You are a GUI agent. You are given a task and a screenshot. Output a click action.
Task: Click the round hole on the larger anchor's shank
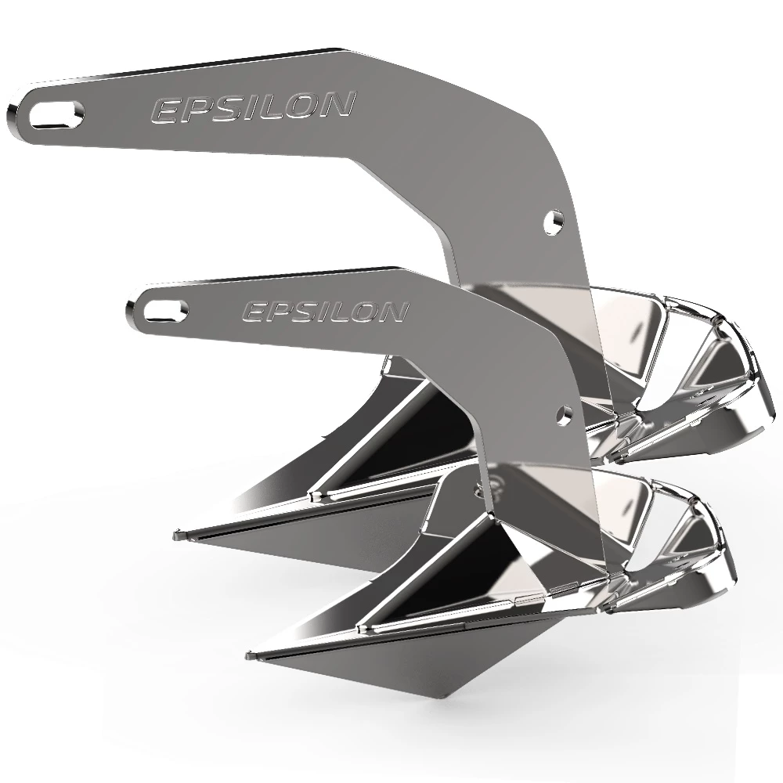click(x=554, y=220)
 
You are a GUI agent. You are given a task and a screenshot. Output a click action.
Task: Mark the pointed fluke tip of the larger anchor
click(x=177, y=536)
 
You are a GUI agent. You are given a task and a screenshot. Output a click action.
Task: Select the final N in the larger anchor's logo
click(x=336, y=104)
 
